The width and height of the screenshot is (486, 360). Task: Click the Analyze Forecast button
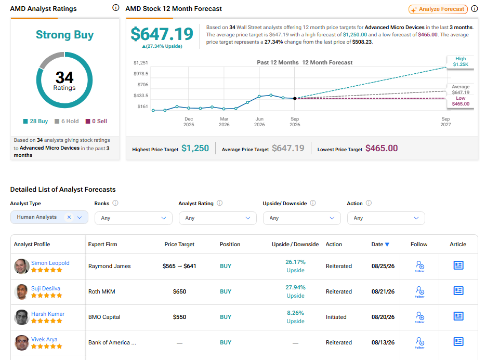click(x=438, y=9)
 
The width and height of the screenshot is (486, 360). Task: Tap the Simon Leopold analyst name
click(x=50, y=263)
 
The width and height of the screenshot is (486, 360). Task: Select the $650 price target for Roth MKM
click(x=179, y=291)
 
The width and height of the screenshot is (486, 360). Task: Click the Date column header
click(x=380, y=245)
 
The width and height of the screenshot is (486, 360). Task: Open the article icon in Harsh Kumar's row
click(x=458, y=316)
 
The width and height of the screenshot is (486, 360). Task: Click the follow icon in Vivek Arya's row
click(x=419, y=342)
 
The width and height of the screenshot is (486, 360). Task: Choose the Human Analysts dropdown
click(x=49, y=217)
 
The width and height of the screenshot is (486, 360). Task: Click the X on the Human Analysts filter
click(x=69, y=217)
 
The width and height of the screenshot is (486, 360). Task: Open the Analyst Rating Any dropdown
click(x=218, y=218)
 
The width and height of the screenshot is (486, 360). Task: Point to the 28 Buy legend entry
click(x=35, y=121)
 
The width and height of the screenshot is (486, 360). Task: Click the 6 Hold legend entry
click(x=67, y=121)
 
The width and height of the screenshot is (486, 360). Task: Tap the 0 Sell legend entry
click(x=96, y=121)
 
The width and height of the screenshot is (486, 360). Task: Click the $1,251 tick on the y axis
click(x=141, y=63)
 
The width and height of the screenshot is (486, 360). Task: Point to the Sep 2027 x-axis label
click(x=445, y=122)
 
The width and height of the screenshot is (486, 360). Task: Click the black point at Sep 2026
click(x=295, y=98)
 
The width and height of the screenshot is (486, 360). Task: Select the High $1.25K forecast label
click(x=461, y=61)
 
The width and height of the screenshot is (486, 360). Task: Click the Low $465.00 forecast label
click(x=461, y=101)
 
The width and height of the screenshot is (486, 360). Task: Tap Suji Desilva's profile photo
click(x=21, y=292)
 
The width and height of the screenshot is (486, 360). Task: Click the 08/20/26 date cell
click(x=383, y=317)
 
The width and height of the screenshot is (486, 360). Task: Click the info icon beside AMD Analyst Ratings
click(x=115, y=8)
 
